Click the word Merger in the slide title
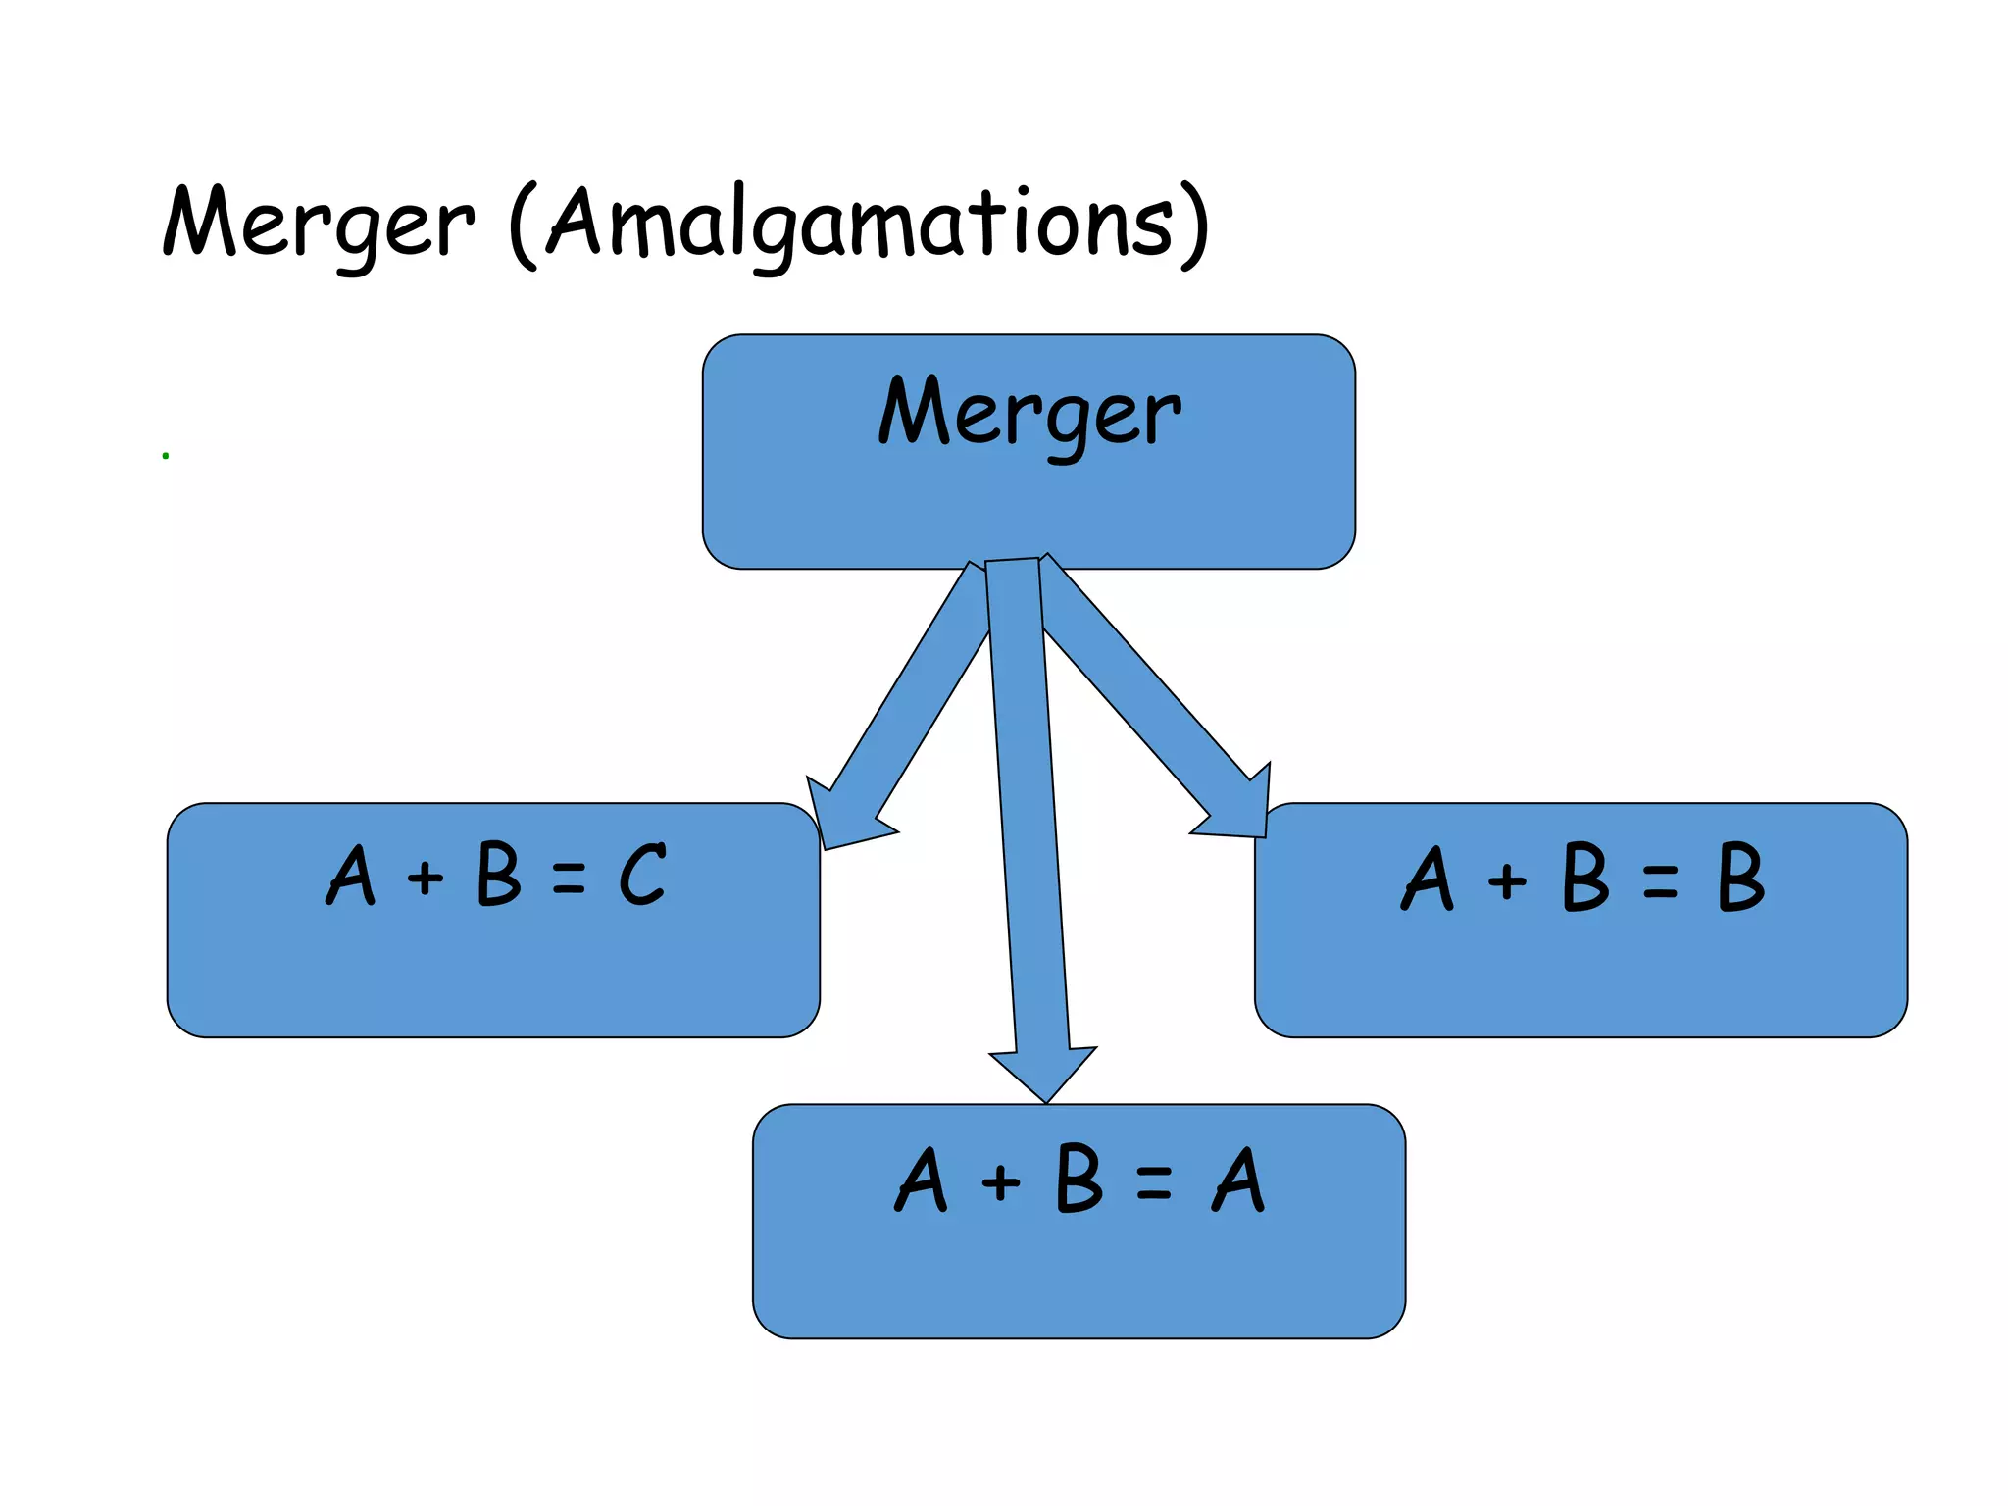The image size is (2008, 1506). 319,223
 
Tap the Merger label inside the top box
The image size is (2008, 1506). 1029,412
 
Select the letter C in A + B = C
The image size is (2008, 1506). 642,875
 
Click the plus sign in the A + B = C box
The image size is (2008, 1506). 426,877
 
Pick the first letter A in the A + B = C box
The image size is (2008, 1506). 351,875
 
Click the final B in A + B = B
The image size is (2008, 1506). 1740,878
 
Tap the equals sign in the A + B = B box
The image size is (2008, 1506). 1660,880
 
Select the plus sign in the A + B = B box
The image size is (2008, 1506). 1507,880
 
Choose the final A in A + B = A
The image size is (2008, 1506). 1238,1180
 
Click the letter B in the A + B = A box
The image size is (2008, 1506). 1079,1180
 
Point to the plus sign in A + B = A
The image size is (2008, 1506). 1001,1181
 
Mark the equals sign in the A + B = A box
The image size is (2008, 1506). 1154,1182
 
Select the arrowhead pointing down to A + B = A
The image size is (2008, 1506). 1044,1074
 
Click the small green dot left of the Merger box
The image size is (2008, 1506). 166,455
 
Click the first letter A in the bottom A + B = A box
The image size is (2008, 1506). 921,1180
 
